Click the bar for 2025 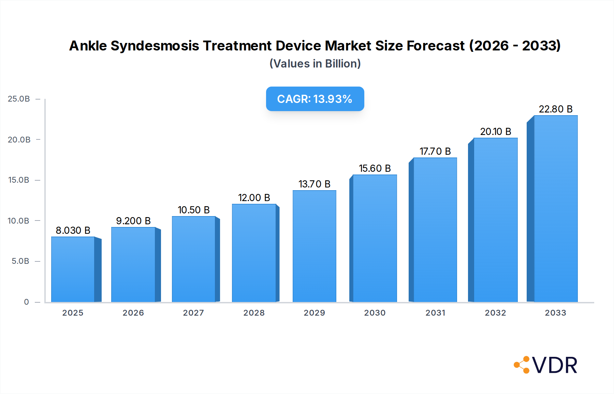click(73, 269)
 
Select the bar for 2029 click(314, 246)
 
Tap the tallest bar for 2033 click(556, 209)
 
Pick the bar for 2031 click(435, 230)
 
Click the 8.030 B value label click(73, 230)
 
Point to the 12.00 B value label click(254, 198)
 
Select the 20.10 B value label click(495, 132)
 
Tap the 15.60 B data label click(375, 168)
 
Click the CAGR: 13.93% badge click(315, 99)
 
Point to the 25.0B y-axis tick click(19, 99)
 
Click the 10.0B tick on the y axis click(18, 221)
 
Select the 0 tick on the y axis click(26, 302)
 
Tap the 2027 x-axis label click(193, 313)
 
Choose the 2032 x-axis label click(495, 313)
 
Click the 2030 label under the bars click(375, 313)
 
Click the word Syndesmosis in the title click(155, 46)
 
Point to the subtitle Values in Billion click(315, 64)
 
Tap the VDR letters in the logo click(555, 365)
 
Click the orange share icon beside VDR click(522, 365)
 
